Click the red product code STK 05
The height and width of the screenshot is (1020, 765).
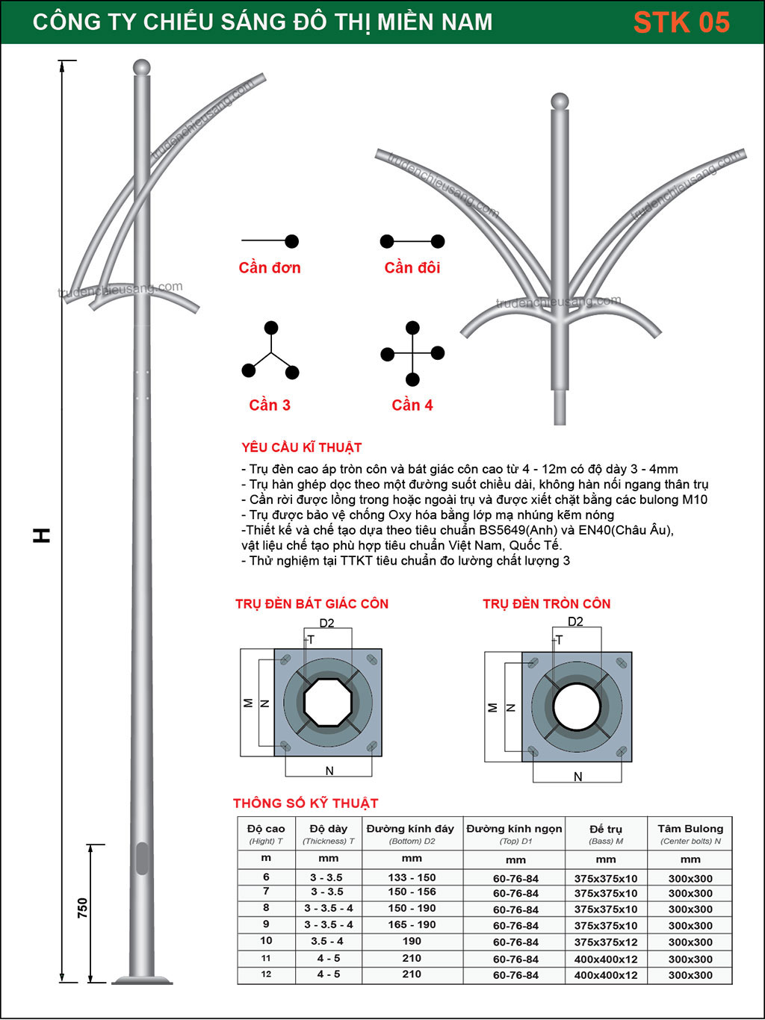point(681,22)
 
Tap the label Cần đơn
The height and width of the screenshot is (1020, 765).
point(270,267)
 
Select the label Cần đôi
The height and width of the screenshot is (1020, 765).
point(412,267)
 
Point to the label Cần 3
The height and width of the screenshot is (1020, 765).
point(270,405)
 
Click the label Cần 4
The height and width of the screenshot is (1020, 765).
point(412,405)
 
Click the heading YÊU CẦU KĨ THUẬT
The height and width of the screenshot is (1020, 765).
point(302,447)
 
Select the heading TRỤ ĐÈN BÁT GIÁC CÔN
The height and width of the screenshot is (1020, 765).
point(312,603)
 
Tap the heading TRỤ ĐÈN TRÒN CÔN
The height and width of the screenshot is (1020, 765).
point(547,603)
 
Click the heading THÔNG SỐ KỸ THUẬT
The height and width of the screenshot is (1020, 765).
point(306,803)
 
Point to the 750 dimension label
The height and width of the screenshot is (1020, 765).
point(82,908)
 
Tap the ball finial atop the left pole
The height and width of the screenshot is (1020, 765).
point(141,67)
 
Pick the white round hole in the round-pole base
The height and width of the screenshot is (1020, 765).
point(577,706)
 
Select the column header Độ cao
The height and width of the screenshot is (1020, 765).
point(266,829)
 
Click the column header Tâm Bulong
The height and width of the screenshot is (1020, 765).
point(690,829)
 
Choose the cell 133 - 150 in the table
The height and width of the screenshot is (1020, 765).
point(412,877)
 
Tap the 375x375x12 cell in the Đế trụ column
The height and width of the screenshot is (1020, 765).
point(606,942)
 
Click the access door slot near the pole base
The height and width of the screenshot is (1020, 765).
point(142,858)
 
